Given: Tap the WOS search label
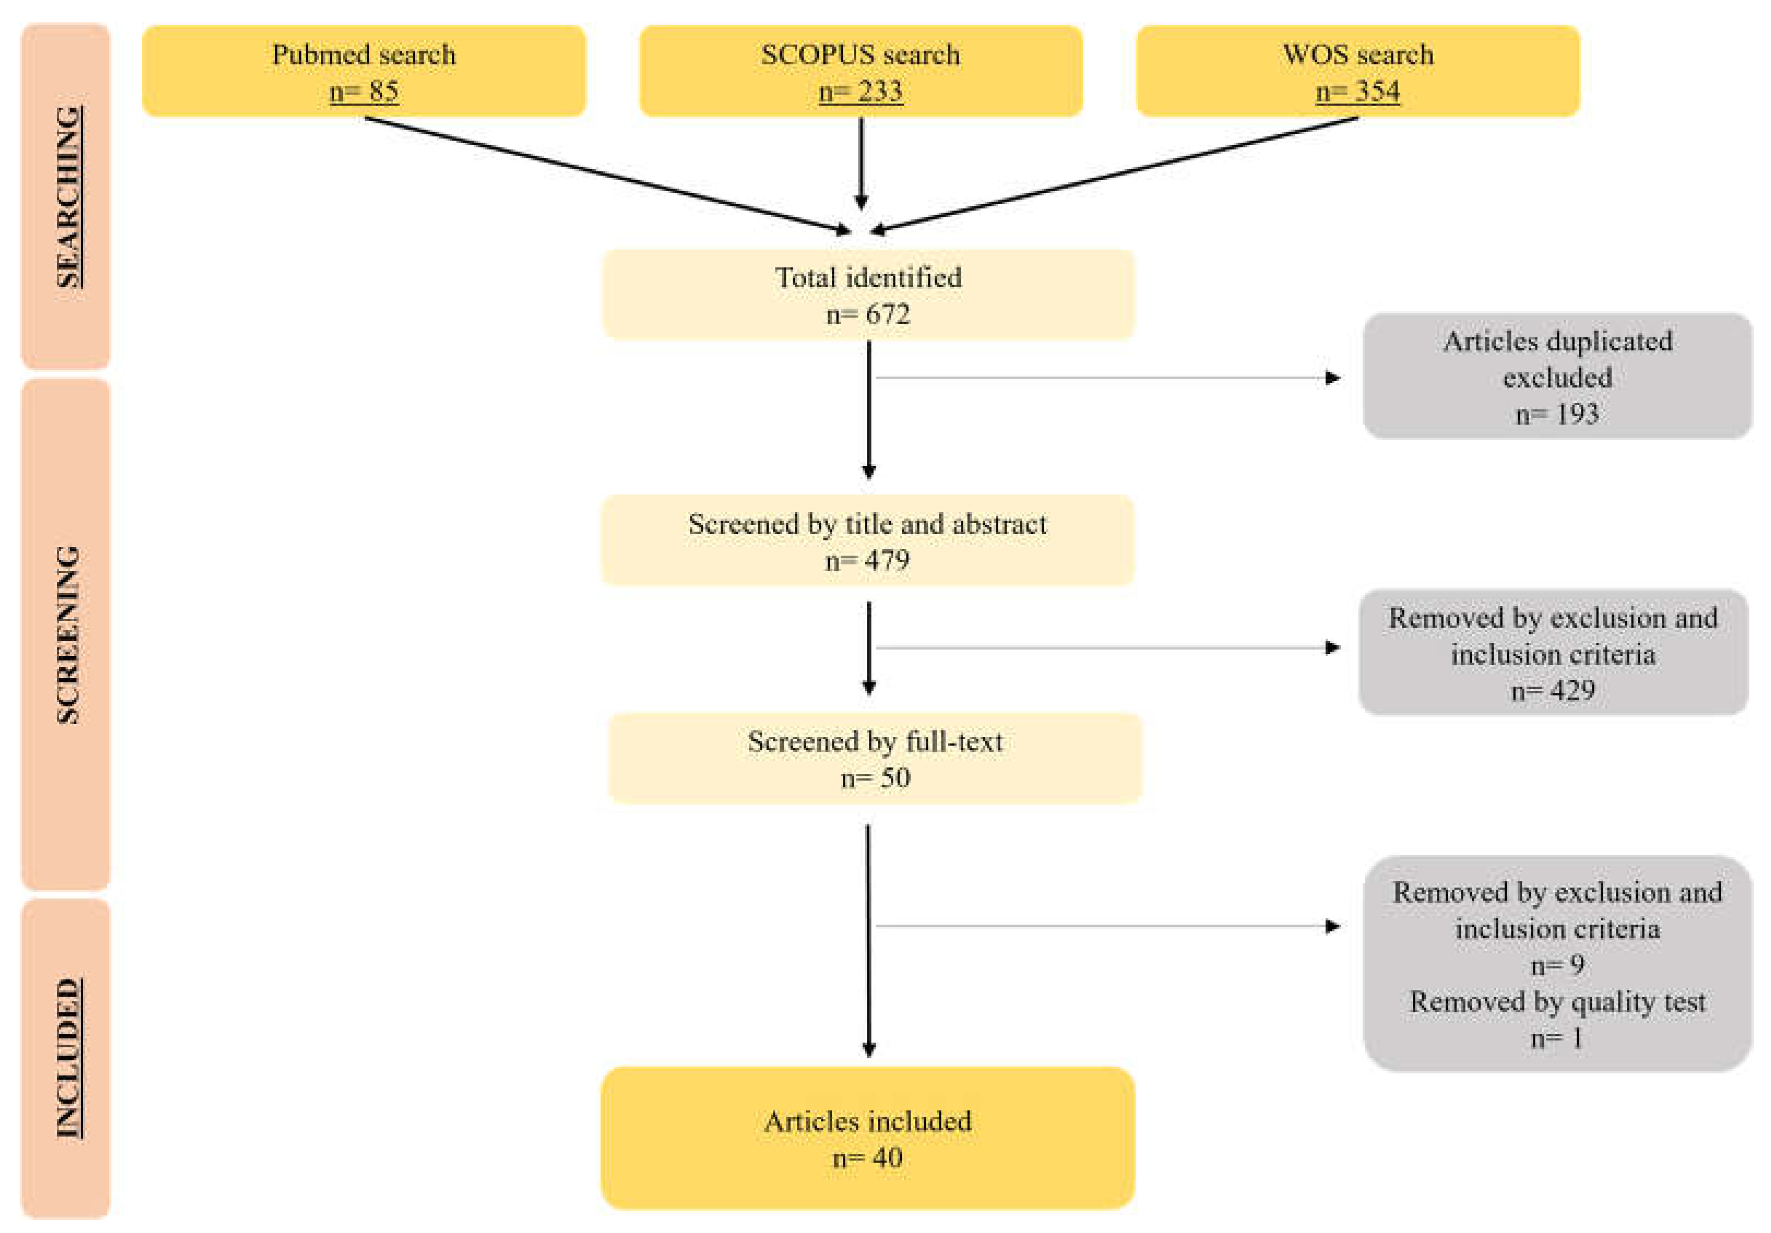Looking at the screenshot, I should pos(1358,55).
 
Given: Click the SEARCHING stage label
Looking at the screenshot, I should pos(68,198).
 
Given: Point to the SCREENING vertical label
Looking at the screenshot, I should pos(68,634).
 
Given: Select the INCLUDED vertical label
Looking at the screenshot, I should pos(68,1058).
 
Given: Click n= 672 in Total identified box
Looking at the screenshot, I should pos(868,314).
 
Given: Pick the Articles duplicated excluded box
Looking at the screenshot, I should pos(1556,376).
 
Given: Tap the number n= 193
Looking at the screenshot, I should pos(1556,414).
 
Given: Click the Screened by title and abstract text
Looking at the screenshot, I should pos(868,525).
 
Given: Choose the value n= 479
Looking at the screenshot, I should pos(868,561).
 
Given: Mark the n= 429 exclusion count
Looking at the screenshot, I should pos(1553,690).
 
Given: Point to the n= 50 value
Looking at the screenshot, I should pos(875,778).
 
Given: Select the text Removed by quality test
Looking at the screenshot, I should pos(1556,1002).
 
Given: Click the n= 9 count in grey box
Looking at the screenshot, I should pos(1556,964).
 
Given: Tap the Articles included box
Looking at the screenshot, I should pos(868,1137).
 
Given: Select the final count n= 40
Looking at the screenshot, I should pos(868,1158).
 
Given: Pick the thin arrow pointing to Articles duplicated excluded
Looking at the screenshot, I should pos(1103,378).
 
